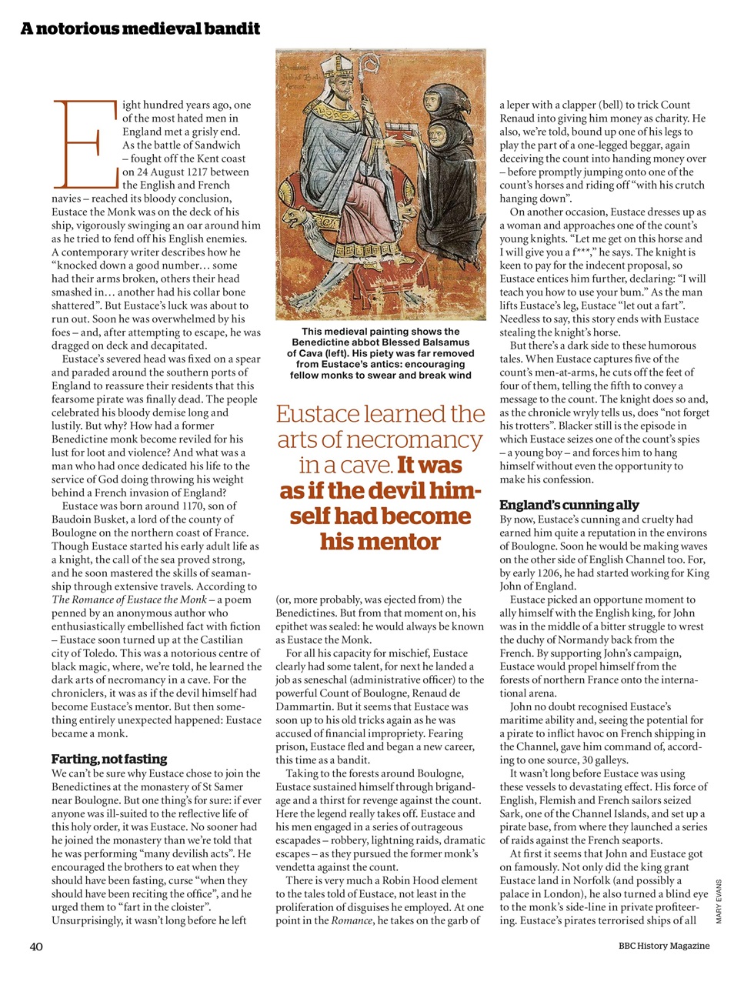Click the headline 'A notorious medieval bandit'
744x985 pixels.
140,29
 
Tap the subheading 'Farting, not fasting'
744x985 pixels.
109,759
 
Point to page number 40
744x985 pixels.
36,947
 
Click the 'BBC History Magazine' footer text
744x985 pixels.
663,946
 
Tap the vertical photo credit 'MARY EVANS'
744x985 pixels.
719,901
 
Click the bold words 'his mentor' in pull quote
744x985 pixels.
380,542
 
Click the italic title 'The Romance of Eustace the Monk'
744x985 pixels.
129,599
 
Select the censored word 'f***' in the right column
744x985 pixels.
582,252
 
